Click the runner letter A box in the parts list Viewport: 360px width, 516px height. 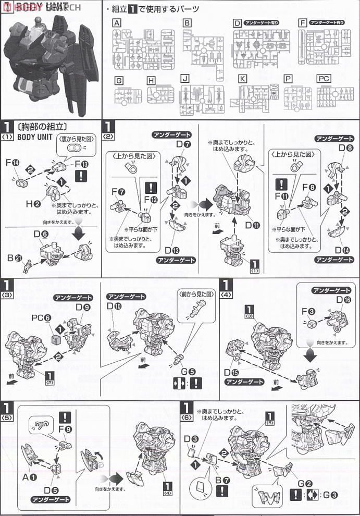click(117, 23)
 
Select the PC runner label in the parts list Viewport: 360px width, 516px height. click(324, 79)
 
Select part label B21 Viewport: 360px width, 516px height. click(14, 257)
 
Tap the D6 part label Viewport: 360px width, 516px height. click(41, 235)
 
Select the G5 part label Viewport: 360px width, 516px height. click(188, 372)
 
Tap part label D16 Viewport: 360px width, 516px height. click(343, 300)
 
